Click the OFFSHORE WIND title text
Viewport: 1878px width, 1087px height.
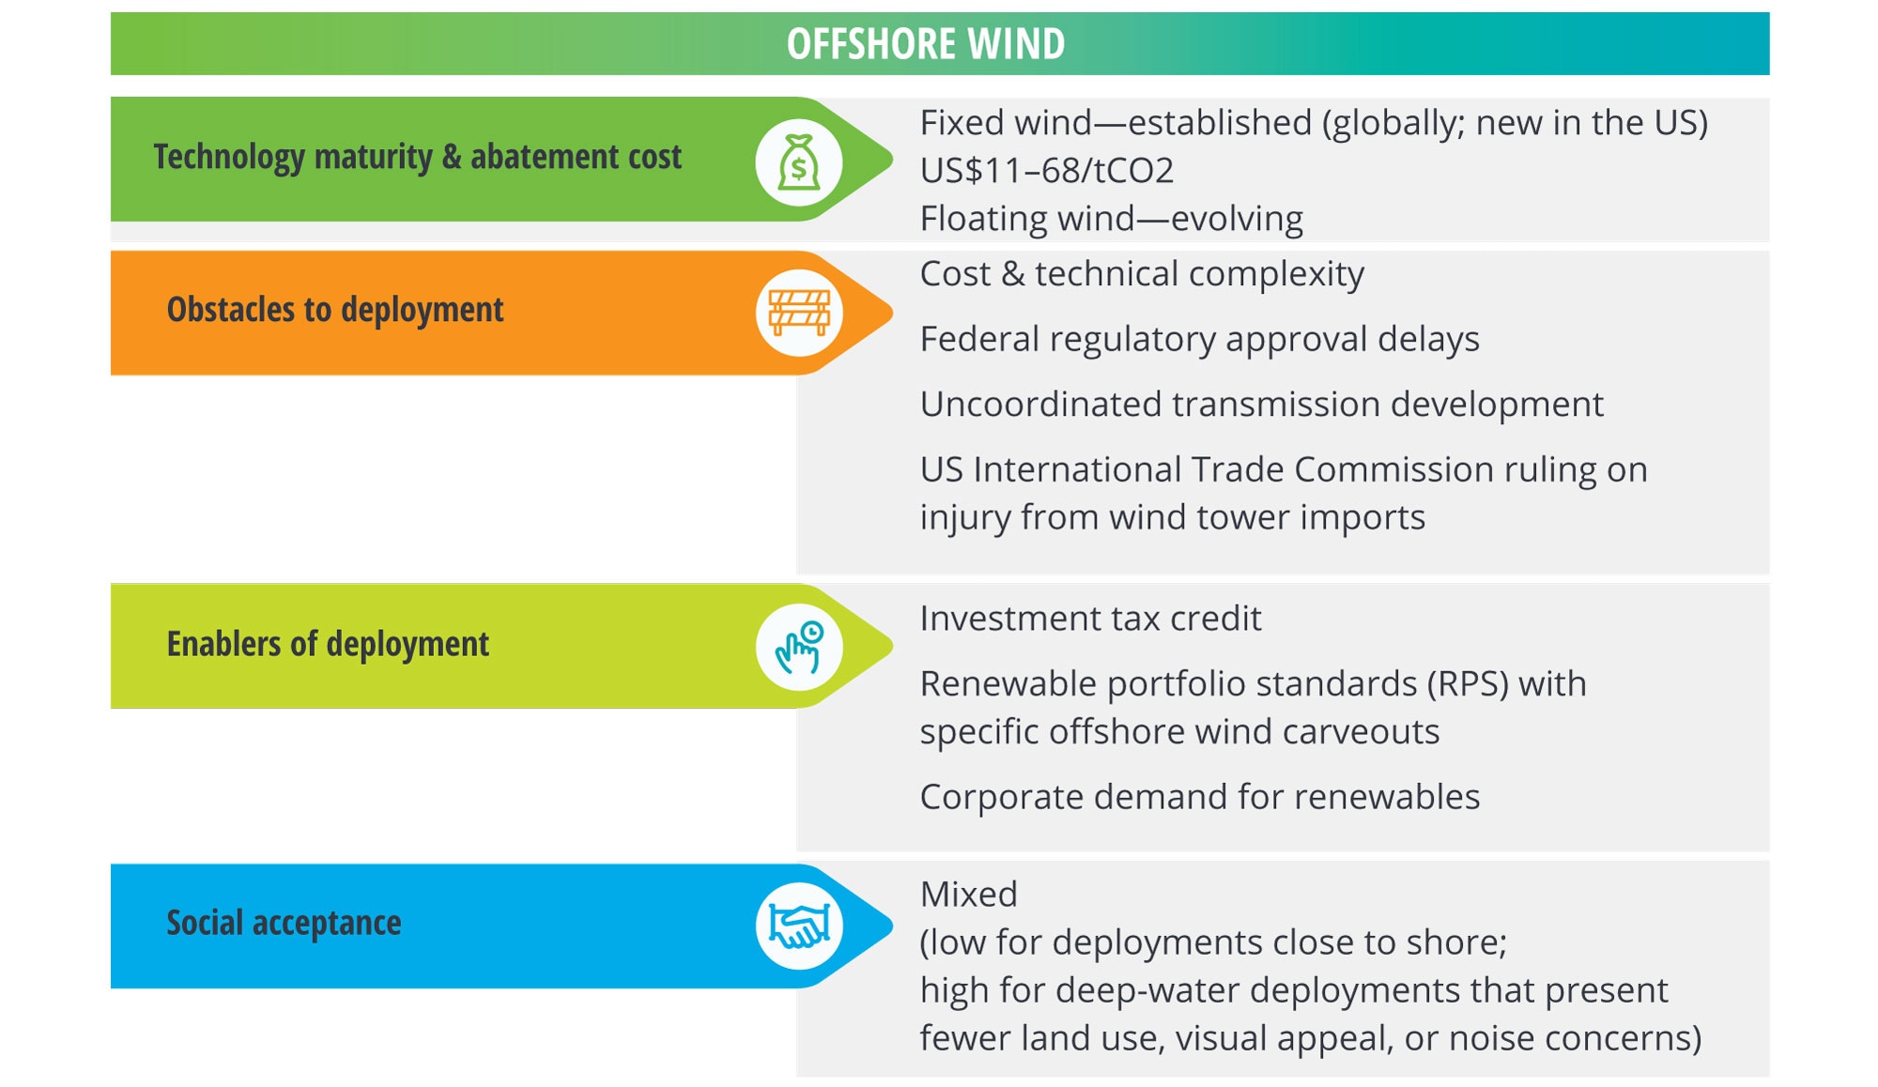click(926, 44)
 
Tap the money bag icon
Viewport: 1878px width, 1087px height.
click(799, 162)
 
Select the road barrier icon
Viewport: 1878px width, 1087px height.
click(799, 313)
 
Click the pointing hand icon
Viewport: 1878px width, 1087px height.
click(799, 647)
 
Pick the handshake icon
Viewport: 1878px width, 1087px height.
click(799, 926)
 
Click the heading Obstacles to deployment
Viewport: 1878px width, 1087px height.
click(335, 310)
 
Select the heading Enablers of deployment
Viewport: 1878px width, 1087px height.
click(328, 644)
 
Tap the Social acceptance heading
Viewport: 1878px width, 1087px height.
click(284, 923)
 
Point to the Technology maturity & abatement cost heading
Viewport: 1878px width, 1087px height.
click(418, 157)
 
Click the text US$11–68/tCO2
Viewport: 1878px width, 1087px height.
click(1047, 171)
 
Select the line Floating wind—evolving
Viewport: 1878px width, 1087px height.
click(1112, 219)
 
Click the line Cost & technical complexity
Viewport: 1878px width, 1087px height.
click(1142, 274)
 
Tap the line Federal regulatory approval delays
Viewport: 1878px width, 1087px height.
click(1200, 339)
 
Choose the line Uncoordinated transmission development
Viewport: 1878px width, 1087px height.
click(1262, 405)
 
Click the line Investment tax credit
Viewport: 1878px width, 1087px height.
click(1091, 619)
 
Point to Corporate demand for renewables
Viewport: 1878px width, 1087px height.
click(1200, 797)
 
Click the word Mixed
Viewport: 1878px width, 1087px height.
click(969, 895)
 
